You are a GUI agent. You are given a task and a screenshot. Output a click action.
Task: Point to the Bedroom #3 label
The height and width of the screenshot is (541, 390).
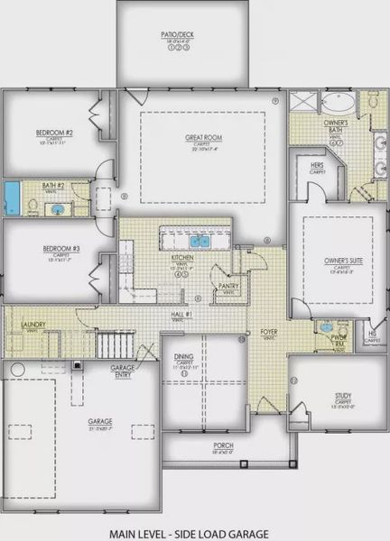(x=60, y=248)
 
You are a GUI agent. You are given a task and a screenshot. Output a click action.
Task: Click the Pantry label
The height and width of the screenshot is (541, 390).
(x=227, y=286)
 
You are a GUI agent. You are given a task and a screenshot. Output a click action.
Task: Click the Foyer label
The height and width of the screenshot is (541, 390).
(x=269, y=332)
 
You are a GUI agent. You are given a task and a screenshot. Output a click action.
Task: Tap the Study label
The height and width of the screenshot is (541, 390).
(x=342, y=394)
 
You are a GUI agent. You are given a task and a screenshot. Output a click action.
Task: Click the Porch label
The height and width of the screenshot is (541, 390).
(x=224, y=446)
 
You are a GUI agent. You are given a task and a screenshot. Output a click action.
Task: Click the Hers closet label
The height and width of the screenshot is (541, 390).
(x=317, y=166)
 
